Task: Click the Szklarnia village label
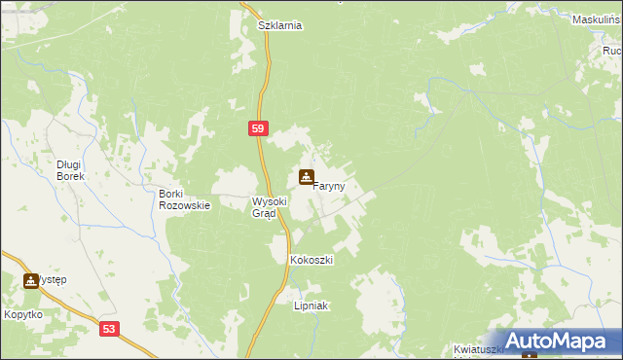280,26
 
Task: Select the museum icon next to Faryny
307,177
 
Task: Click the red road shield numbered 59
257,127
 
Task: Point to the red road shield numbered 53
110,330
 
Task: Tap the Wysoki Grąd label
270,207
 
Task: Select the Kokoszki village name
311,261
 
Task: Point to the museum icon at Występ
31,281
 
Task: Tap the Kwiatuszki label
483,348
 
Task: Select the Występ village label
53,281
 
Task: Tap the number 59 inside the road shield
257,127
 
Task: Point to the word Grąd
266,214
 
